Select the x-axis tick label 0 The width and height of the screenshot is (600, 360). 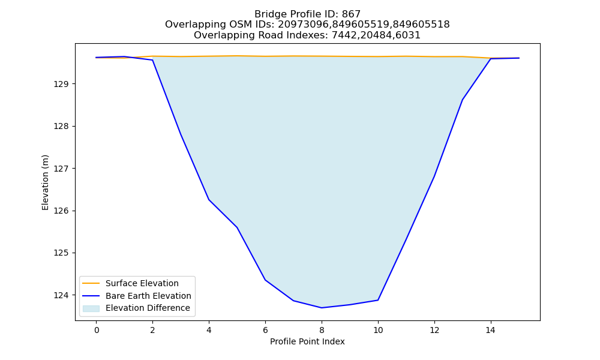(97, 330)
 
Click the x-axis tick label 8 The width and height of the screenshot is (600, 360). (322, 330)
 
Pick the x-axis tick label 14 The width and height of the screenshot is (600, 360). (491, 330)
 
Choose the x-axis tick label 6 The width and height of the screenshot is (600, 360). (265, 330)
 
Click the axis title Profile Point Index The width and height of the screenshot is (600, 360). (307, 341)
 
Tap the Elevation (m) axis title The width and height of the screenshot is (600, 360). (46, 182)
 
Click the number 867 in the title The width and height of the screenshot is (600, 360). (351, 14)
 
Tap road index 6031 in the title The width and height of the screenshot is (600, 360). (408, 35)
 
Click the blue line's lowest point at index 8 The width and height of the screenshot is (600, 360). (322, 308)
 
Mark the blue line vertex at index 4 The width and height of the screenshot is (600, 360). (209, 200)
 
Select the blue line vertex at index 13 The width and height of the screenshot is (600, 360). (462, 100)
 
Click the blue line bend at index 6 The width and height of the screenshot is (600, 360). (265, 280)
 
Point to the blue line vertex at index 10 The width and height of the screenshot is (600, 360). (378, 300)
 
